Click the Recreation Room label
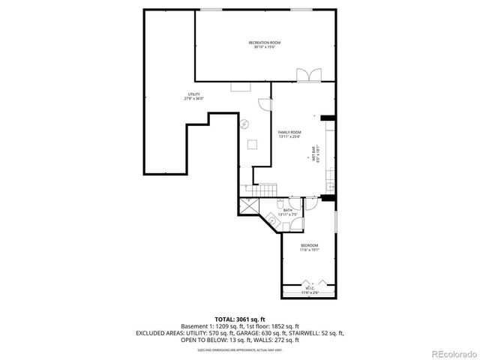point(265,45)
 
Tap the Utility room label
point(193,97)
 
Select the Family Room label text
point(289,134)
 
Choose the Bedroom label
point(310,247)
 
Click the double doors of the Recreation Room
point(307,74)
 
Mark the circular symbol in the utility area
point(244,125)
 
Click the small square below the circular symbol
point(252,144)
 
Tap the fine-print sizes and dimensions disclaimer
point(239,349)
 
